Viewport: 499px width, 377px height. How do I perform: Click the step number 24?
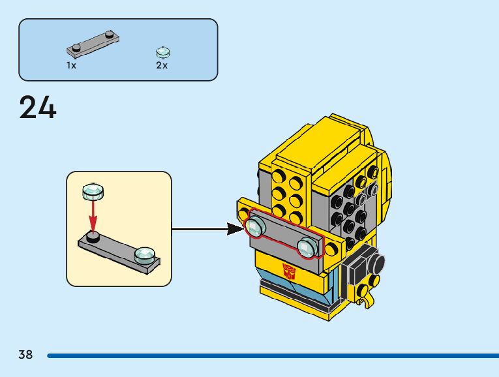(x=38, y=108)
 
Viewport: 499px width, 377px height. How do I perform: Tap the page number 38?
(x=25, y=355)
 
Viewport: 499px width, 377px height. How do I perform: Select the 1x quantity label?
(x=71, y=65)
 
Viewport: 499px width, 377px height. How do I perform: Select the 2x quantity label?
(x=162, y=65)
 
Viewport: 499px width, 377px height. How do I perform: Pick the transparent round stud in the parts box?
(x=162, y=52)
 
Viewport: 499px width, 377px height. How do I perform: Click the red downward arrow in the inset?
(x=93, y=215)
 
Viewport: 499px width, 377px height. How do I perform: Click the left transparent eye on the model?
(x=254, y=227)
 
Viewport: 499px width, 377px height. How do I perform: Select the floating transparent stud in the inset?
(x=93, y=191)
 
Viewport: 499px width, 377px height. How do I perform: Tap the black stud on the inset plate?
(x=93, y=237)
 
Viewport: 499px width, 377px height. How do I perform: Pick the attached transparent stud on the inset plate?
(x=145, y=254)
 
